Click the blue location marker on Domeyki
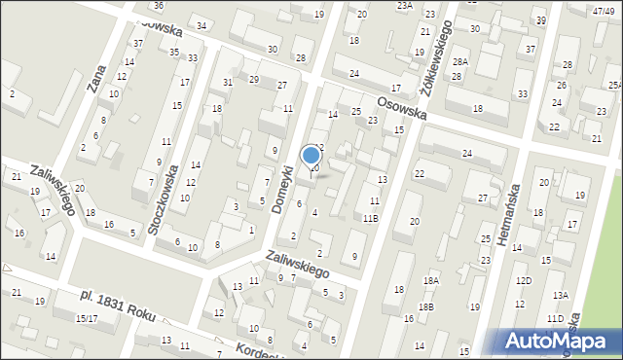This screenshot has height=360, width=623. (x=311, y=156)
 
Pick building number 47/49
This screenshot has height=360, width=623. (x=604, y=11)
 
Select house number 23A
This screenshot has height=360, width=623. (x=405, y=5)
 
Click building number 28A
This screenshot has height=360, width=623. (x=460, y=62)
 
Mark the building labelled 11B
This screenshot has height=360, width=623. (x=371, y=219)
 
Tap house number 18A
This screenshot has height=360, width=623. (x=430, y=280)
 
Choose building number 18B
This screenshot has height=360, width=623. (x=425, y=307)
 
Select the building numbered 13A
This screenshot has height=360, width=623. (x=560, y=295)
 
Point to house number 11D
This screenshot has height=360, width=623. (x=555, y=318)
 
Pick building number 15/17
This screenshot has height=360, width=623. (x=87, y=318)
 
